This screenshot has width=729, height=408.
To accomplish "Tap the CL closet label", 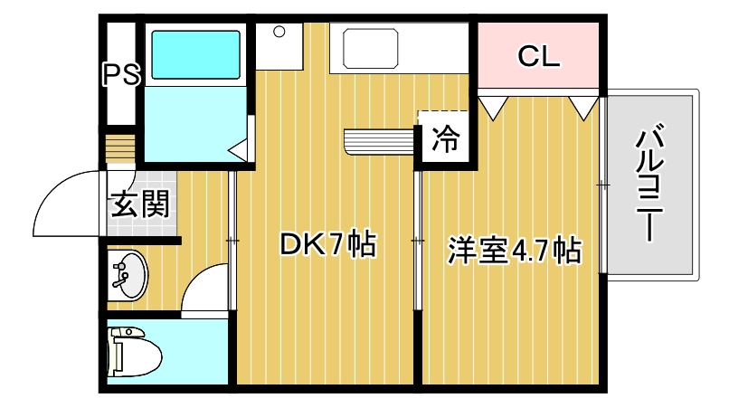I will [x=539, y=56].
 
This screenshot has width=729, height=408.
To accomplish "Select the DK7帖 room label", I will [x=327, y=244].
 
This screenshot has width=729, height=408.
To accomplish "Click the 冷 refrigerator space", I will [x=446, y=140].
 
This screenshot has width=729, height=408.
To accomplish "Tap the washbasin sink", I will [x=128, y=276].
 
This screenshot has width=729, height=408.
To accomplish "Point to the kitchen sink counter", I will [x=366, y=46].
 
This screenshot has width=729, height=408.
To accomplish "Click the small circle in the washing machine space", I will [x=279, y=33].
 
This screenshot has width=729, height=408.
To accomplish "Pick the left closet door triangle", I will [x=493, y=107].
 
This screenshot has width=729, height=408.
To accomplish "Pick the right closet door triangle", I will [x=583, y=107].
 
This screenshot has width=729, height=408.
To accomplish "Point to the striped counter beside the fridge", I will [x=378, y=142].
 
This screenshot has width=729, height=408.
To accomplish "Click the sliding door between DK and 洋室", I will [x=417, y=241].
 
